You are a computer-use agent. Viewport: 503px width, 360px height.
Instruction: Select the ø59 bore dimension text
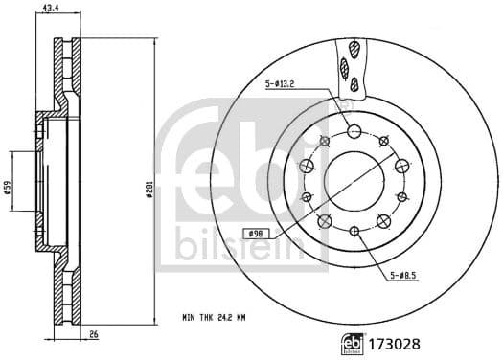(7, 189)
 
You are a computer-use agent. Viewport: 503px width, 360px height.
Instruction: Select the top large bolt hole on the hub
(354, 131)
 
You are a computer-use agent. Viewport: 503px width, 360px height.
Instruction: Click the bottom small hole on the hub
(354, 230)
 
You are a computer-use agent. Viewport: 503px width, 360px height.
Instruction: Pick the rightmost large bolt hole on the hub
(400, 165)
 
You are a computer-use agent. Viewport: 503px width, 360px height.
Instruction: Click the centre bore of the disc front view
(354, 180)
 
